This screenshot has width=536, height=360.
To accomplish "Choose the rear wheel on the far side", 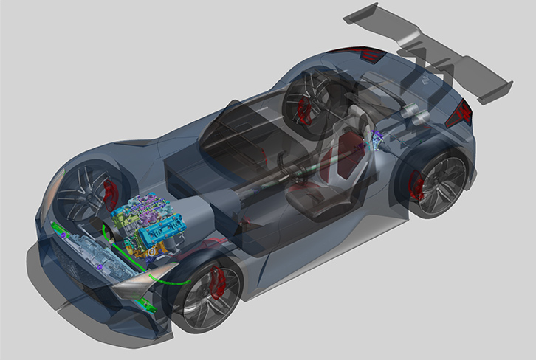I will (310, 100).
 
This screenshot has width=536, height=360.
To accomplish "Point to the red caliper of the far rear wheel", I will (302, 111).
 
